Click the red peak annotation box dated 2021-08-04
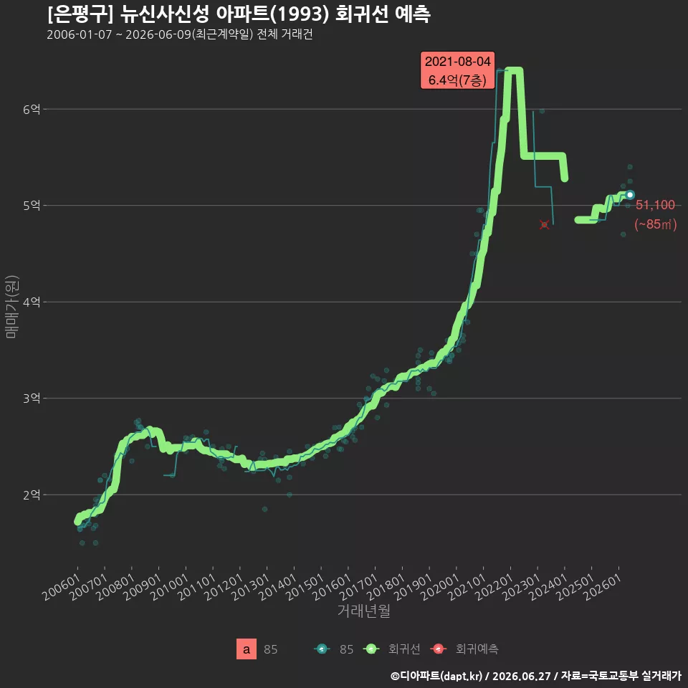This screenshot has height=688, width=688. point(457,70)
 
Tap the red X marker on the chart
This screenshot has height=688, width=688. point(544,224)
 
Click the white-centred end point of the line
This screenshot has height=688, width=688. point(630,194)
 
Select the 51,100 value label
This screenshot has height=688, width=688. point(655,205)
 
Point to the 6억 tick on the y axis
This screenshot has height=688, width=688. point(32,109)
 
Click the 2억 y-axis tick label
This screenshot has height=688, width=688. point(32,495)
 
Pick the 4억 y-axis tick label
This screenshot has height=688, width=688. point(32,302)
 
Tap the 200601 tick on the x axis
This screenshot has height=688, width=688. point(62,587)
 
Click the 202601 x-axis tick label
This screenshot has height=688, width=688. point(603,587)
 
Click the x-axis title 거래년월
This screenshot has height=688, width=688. point(364,611)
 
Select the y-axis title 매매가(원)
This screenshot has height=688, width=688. point(11,307)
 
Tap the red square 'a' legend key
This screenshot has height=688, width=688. point(246,649)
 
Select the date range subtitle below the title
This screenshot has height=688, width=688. point(180,34)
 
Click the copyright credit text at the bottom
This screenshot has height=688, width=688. point(536,676)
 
